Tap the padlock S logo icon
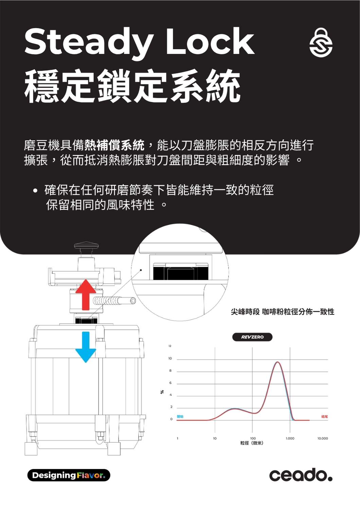pyautogui.click(x=321, y=43)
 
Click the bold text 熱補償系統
pyautogui.click(x=114, y=145)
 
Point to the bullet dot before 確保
pyautogui.click(x=35, y=191)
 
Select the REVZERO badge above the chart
pyautogui.click(x=252, y=337)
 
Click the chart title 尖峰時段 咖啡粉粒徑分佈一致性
pyautogui.click(x=283, y=312)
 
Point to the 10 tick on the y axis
pyautogui.click(x=170, y=358)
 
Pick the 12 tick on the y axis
pyautogui.click(x=170, y=346)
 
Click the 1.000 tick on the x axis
pyautogui.click(x=290, y=438)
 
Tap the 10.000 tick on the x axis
pyautogui.click(x=323, y=438)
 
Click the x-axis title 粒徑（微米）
pyautogui.click(x=252, y=443)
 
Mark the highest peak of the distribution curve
pyautogui.click(x=278, y=362)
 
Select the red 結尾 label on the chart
pyautogui.click(x=324, y=417)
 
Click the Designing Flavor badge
pyautogui.click(x=69, y=475)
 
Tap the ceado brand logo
pyautogui.click(x=301, y=475)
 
